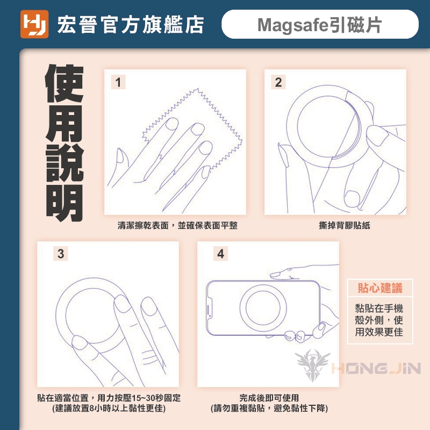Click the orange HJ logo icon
(34, 24)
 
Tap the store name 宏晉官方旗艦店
(131, 25)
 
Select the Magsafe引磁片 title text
(319, 25)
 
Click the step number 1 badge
(118, 82)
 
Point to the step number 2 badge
(278, 82)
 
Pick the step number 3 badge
(61, 253)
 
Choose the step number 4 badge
(221, 253)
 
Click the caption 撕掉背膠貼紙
(345, 225)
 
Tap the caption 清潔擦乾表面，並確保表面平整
(177, 225)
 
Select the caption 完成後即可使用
(269, 398)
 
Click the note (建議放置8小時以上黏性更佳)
(109, 408)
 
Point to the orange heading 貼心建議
(380, 288)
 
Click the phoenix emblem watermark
(313, 365)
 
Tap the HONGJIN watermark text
(376, 368)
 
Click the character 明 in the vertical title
(64, 203)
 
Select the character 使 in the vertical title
(64, 84)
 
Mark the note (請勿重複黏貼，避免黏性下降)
(269, 408)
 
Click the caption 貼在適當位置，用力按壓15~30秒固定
(109, 398)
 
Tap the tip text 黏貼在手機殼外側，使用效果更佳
(379, 320)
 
